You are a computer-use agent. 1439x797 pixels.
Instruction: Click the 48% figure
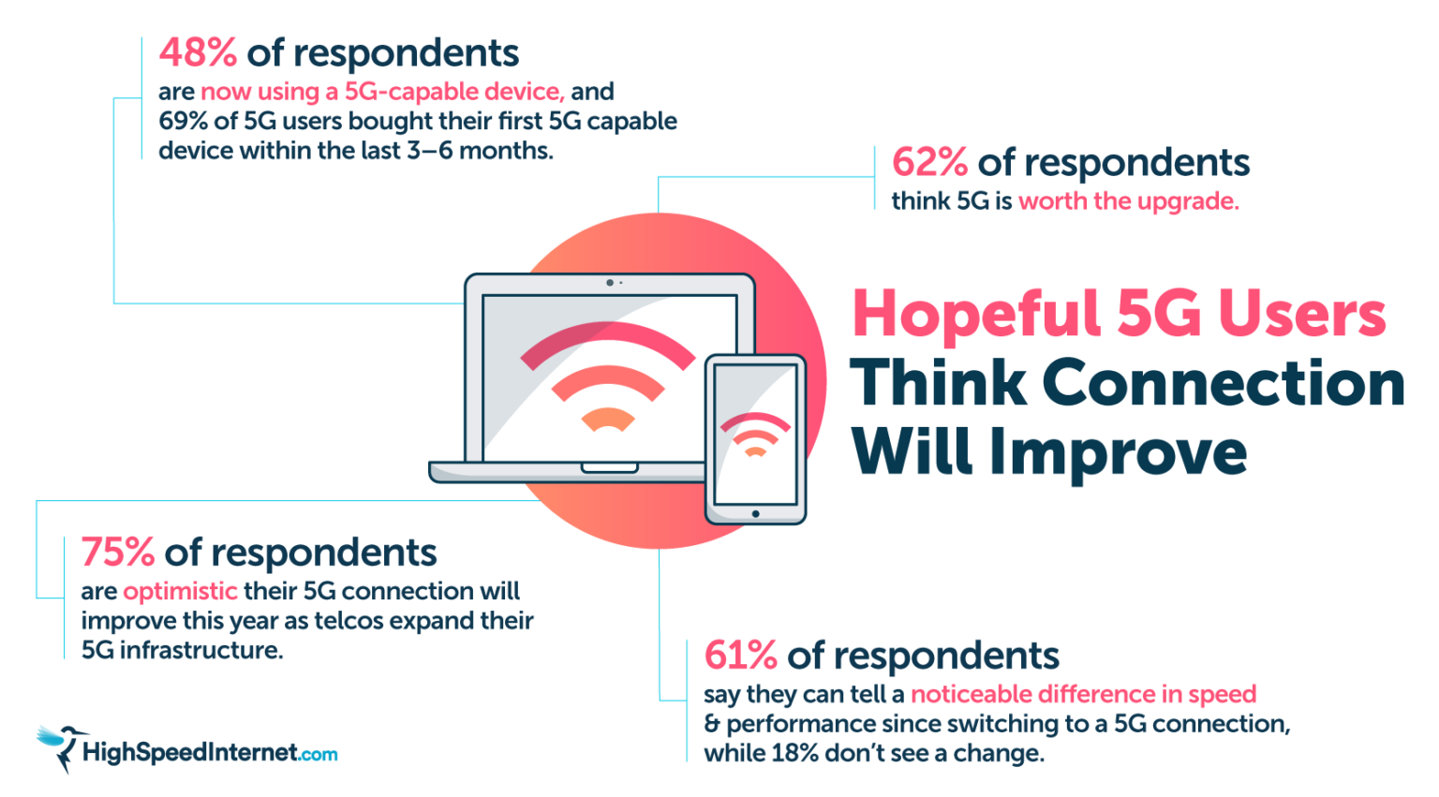[198, 53]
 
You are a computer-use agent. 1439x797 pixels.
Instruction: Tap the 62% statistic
[929, 162]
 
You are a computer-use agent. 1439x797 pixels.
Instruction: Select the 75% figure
[117, 553]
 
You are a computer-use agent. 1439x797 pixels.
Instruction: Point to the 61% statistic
[740, 656]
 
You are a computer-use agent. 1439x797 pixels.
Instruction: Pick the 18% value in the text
[794, 754]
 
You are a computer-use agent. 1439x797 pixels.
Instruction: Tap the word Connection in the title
[1223, 383]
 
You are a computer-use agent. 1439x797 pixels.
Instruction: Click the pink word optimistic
[180, 592]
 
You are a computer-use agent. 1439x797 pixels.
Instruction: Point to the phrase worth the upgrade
[1128, 201]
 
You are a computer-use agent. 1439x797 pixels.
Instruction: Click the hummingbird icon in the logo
[60, 746]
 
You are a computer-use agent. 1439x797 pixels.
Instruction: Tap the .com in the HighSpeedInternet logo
[319, 755]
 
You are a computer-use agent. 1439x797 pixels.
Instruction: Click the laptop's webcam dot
[610, 283]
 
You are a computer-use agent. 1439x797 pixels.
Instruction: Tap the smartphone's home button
[755, 513]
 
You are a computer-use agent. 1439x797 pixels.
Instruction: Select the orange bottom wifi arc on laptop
[608, 419]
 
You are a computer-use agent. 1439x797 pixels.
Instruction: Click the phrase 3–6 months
[480, 151]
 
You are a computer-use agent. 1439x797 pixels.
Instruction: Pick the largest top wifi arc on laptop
[607, 342]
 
